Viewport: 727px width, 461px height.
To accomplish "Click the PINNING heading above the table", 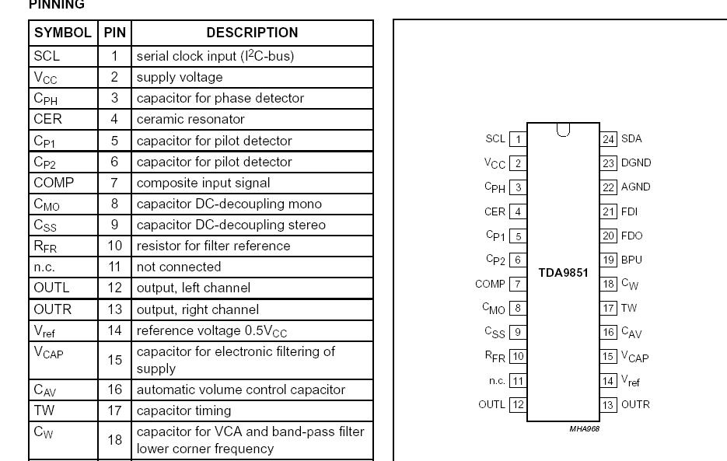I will [x=57, y=5].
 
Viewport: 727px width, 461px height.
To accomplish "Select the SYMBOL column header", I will [x=63, y=33].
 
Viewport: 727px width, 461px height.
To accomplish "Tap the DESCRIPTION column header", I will [x=252, y=33].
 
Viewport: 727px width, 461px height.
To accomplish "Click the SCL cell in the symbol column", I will [x=47, y=56].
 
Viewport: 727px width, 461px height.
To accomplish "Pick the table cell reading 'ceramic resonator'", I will [x=190, y=119].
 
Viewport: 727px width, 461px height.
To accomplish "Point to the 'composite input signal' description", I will [x=203, y=183].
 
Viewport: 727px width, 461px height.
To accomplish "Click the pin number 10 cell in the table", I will [x=115, y=246].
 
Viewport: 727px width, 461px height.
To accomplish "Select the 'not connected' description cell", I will [x=178, y=267].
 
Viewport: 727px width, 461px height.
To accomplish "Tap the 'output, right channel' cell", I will [x=197, y=309].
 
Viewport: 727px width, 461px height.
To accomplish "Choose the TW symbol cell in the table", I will [x=44, y=410].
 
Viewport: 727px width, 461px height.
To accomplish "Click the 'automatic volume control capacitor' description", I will [x=240, y=389].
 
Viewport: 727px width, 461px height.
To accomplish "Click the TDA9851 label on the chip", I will [x=563, y=274].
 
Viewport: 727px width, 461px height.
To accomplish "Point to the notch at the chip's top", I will [x=563, y=130].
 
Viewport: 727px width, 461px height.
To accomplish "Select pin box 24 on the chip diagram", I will [x=608, y=139].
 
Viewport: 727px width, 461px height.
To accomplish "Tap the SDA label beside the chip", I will [x=631, y=139].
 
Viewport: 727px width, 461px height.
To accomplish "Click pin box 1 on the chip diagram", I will [x=517, y=139].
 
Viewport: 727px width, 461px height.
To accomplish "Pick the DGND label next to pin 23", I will [x=636, y=163].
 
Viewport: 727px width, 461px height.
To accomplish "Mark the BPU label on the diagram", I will [x=631, y=260].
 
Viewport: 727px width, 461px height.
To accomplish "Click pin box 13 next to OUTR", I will [x=608, y=404].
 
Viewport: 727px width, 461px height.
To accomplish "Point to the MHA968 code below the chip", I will [x=584, y=428].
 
